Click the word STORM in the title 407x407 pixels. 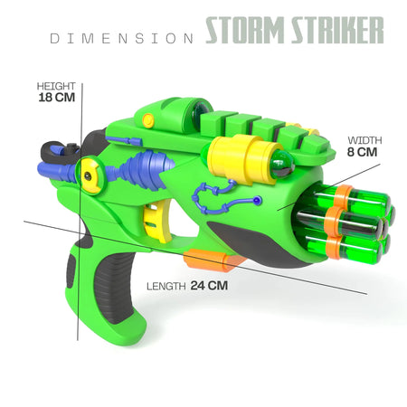(244, 30)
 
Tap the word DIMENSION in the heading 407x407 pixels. (121, 39)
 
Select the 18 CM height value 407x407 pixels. (57, 98)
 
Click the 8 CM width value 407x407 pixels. (362, 152)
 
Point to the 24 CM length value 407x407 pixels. (209, 286)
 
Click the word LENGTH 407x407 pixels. (166, 286)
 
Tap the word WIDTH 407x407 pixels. (364, 140)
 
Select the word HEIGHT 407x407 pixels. (56, 86)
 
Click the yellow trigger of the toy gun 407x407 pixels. (156, 222)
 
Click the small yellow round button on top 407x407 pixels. (148, 120)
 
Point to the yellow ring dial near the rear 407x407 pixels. (90, 175)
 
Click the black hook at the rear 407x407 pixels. (57, 152)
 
